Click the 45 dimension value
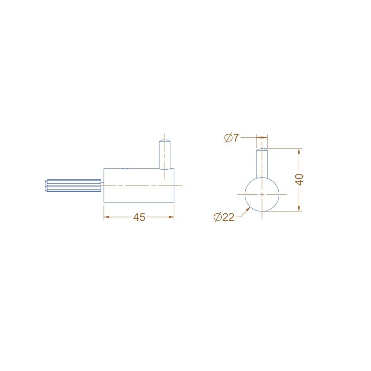point(139,217)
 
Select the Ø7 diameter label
point(231,138)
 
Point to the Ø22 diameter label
point(224,217)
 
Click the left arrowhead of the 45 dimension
point(107,217)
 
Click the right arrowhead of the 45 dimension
point(171,217)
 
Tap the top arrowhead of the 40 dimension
point(300,151)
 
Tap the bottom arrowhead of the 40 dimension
point(300,209)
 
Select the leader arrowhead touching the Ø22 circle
point(249,209)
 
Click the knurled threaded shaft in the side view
point(74,185)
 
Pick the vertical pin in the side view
point(165,155)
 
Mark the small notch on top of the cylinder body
point(124,169)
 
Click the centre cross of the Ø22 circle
point(262,194)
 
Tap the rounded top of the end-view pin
point(262,150)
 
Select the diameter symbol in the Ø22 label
point(218,217)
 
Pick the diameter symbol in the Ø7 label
point(228,138)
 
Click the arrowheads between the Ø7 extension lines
point(262,137)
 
